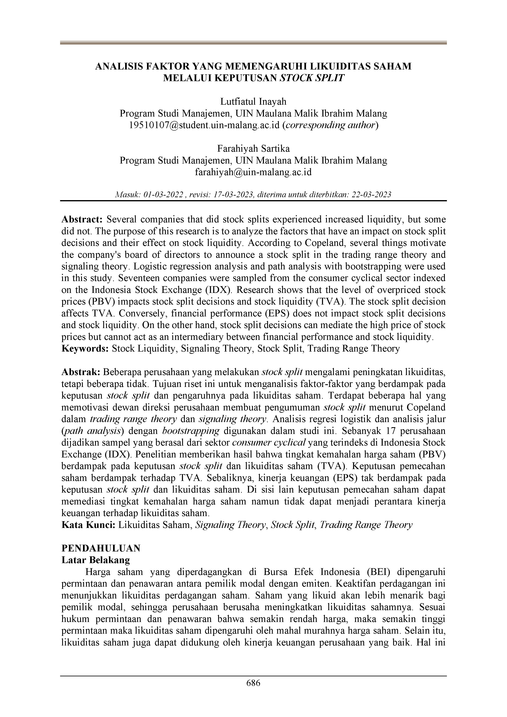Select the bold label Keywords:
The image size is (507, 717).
coord(85,348)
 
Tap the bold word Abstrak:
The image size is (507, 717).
coord(81,372)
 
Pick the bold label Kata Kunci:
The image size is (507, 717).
coord(89,525)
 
